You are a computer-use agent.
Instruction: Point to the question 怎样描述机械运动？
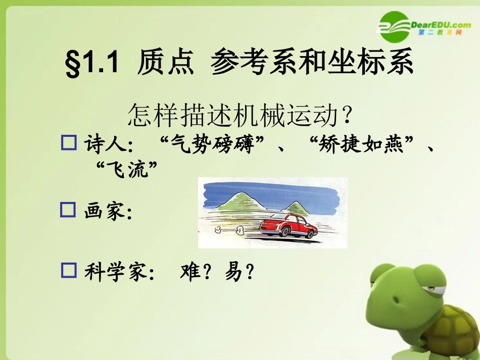click(x=239, y=116)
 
